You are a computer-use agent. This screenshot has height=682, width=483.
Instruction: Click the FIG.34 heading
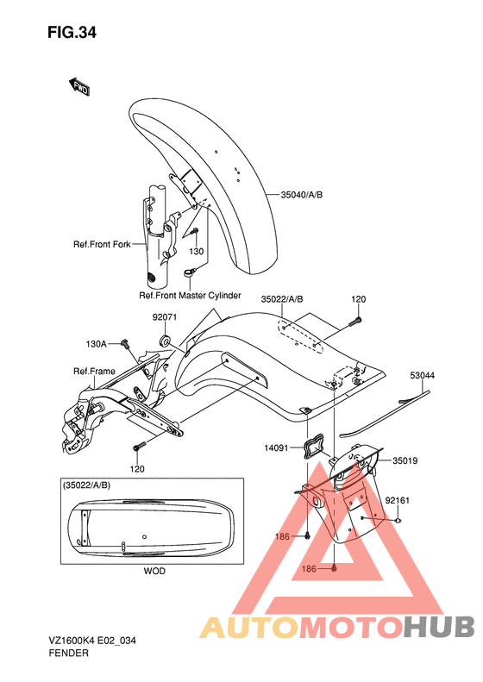pos(72,33)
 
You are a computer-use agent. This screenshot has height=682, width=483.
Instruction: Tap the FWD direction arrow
pos(79,86)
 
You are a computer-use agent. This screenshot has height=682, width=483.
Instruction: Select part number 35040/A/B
pos(302,195)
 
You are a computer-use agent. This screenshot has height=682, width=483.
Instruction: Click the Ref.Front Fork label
pos(102,245)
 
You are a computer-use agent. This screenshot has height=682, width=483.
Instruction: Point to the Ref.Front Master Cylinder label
pos(190,296)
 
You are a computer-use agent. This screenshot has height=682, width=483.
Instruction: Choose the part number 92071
pos(165,317)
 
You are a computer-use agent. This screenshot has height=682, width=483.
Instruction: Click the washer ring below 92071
pos(166,340)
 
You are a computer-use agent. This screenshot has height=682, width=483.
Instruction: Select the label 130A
pos(96,344)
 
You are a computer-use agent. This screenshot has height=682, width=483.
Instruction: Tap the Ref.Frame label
pos(94,371)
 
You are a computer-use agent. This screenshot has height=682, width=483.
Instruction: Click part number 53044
pos(422,375)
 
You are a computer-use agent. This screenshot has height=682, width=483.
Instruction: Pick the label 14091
pos(276,447)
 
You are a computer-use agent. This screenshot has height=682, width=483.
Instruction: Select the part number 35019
pos(405,460)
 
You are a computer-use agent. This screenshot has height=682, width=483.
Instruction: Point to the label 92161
pos(398,501)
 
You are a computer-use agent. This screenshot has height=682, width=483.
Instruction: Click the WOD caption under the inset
pos(154,571)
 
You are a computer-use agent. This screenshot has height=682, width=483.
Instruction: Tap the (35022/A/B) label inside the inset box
pos(87,485)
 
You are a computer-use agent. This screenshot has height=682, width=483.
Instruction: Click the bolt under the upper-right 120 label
pos(354,322)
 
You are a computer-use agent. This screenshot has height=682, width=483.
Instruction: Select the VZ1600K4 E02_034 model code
pos(92,641)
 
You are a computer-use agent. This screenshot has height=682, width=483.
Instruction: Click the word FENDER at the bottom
pos(69,653)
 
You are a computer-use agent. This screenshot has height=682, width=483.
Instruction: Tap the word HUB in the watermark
pos(438,626)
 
